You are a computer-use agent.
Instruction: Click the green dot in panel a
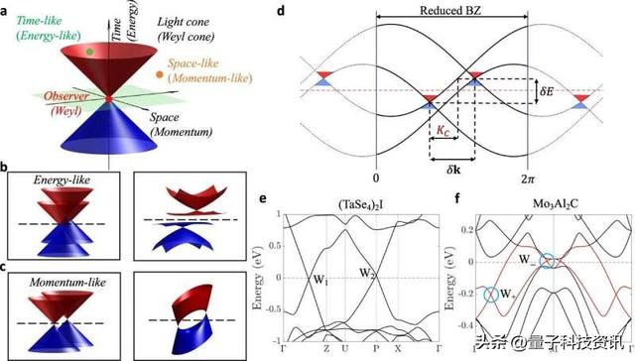[89, 50]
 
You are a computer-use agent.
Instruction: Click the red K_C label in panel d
[441, 130]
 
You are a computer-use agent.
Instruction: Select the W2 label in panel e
[368, 271]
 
